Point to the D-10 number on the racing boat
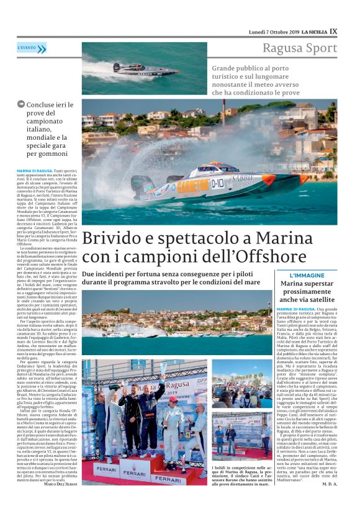[217, 183]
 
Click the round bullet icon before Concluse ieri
[21, 104]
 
